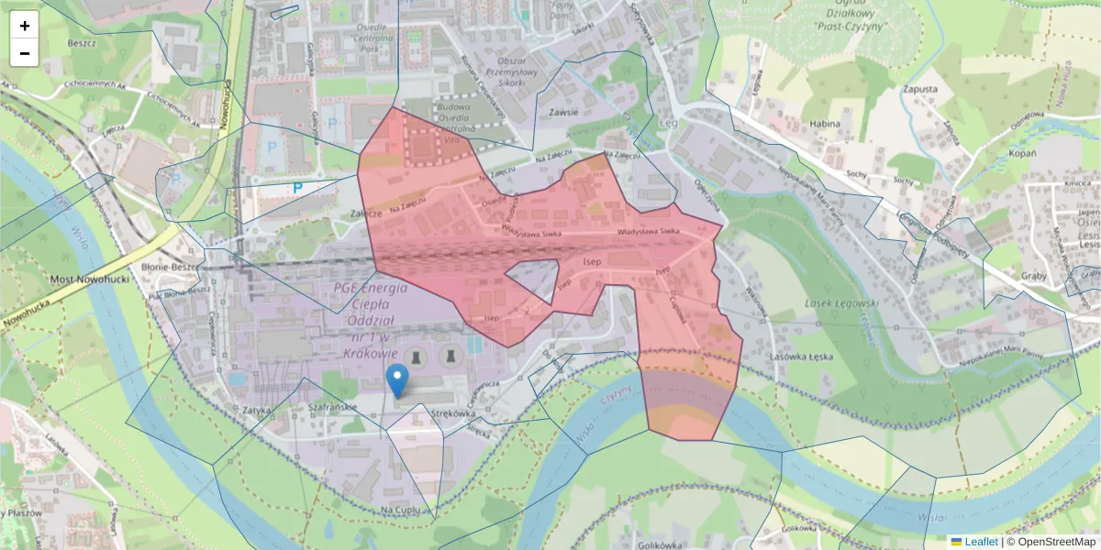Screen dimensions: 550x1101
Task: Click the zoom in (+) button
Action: coord(24,26)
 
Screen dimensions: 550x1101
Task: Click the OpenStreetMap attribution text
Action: coord(1056,542)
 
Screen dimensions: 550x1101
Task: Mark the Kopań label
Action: coord(1022,153)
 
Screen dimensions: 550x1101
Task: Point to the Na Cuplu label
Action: coord(400,509)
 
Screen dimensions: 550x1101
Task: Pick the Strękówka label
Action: coord(450,413)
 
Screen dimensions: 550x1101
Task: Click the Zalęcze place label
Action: coord(365,212)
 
